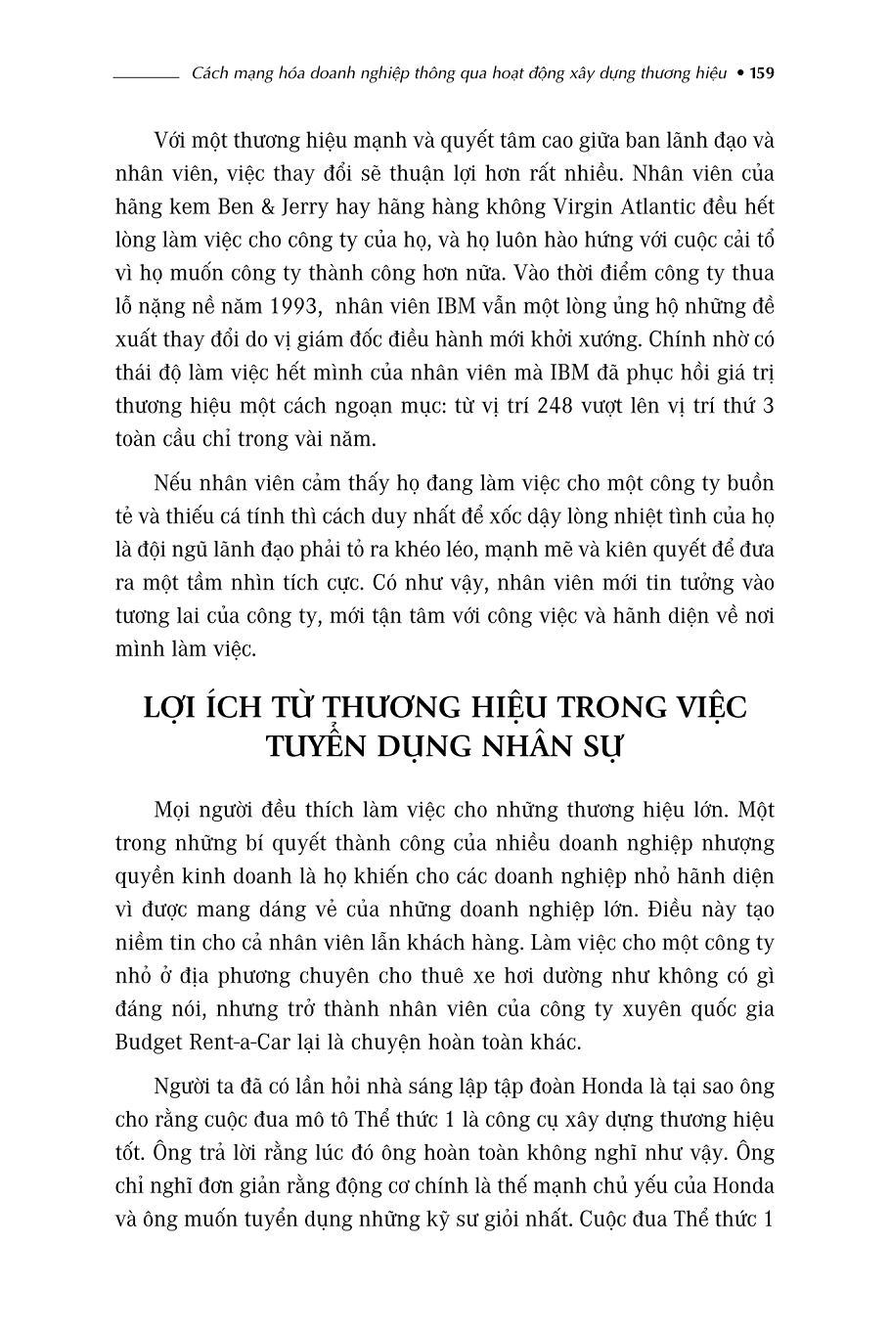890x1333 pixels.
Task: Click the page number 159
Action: pos(762,74)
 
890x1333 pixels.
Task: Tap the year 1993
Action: pos(291,306)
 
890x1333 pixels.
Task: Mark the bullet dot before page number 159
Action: pos(740,74)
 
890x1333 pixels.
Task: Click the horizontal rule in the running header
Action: pos(145,75)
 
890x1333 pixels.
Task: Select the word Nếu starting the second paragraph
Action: pos(171,484)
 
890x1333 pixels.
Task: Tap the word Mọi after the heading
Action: pos(173,810)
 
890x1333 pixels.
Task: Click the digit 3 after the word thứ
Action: pos(768,406)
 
